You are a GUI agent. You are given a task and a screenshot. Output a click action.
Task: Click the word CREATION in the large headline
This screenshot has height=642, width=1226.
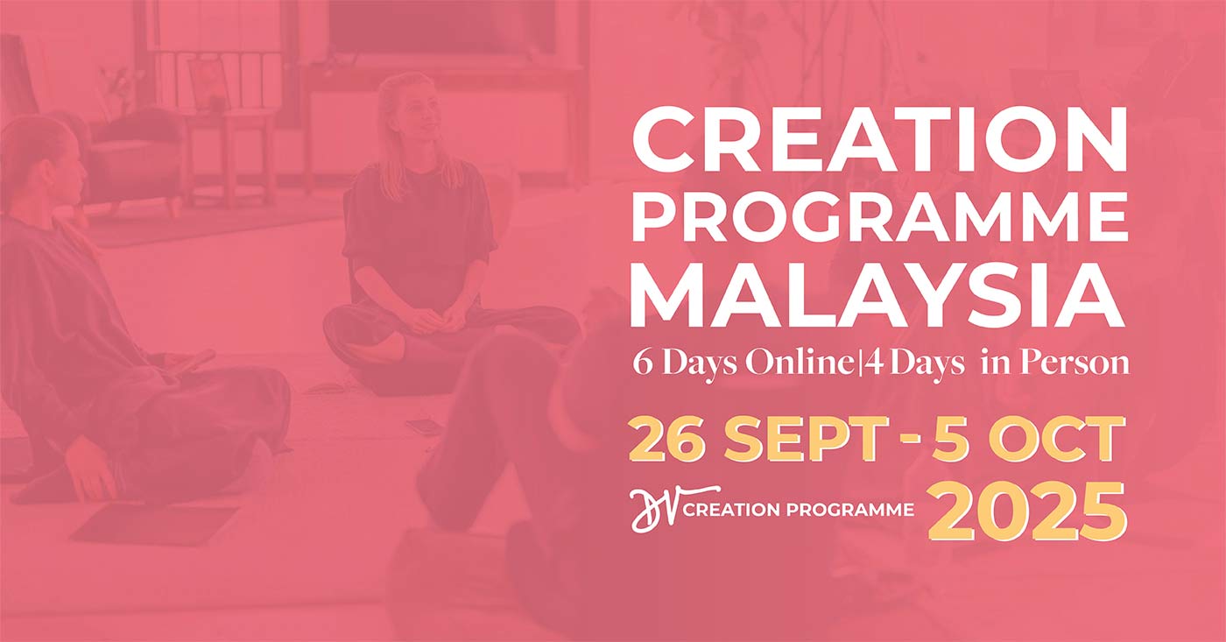click(879, 141)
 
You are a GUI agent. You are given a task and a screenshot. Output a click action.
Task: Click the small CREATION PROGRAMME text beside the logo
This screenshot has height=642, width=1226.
click(799, 510)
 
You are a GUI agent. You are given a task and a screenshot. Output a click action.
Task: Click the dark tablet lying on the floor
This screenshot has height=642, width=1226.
click(155, 526)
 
